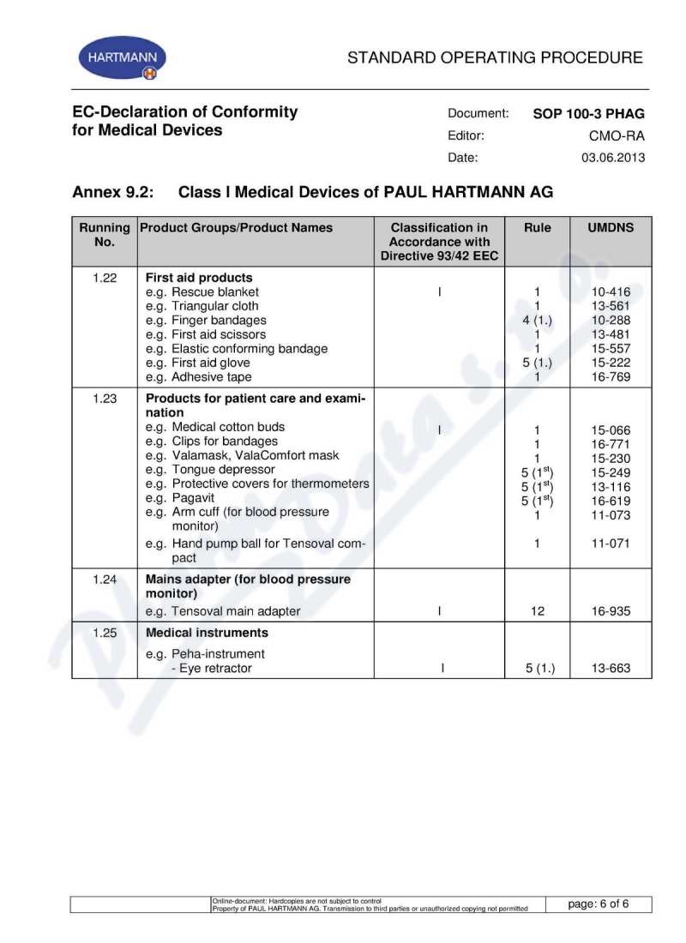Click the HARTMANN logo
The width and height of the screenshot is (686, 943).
[x=123, y=58]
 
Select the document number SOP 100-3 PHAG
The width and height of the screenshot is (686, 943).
[x=588, y=114]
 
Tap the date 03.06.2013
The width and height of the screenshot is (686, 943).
[x=613, y=158]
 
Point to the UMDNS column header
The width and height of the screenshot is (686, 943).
[x=611, y=228]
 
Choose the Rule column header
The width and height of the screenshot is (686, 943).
[x=537, y=228]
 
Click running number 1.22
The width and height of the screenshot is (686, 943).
[x=104, y=278]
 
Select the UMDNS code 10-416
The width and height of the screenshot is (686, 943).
[x=611, y=292]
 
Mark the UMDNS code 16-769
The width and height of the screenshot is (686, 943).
[x=611, y=376]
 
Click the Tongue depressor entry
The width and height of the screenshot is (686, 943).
[x=215, y=470]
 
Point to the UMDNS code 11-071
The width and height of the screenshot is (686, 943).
[x=611, y=544]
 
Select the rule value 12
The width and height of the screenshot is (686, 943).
[x=537, y=611]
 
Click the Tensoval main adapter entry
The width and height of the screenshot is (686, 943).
[x=223, y=611]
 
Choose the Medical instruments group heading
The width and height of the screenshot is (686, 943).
[x=207, y=633]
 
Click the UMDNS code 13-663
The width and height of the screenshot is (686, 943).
[x=611, y=669]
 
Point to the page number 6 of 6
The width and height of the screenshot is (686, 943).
[x=598, y=904]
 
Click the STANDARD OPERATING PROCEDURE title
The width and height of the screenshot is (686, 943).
[x=495, y=58]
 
